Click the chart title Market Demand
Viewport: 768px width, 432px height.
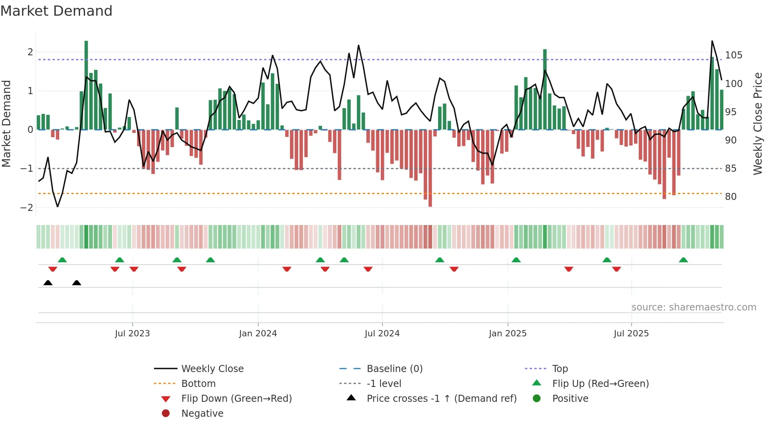[x=56, y=11]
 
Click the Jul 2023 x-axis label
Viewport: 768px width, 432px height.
[x=132, y=333]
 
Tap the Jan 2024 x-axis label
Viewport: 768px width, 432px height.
[x=258, y=333]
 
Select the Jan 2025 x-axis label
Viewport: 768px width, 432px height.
[x=507, y=333]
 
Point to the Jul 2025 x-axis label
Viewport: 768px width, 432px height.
[x=631, y=333]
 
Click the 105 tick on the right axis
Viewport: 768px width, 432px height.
[x=734, y=55]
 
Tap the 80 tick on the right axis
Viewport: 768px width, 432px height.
[x=730, y=196]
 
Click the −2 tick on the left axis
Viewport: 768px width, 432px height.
[x=27, y=207]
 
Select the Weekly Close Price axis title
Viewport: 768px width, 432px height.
[x=758, y=123]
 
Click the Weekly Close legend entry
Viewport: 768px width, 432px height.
[x=212, y=368]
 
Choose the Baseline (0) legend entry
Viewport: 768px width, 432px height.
[x=394, y=368]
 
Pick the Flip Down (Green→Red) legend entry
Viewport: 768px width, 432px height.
[x=236, y=398]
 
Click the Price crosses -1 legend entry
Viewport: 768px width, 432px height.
[x=441, y=398]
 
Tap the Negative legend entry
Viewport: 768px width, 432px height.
[x=202, y=413]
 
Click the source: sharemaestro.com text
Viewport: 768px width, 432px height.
[x=694, y=307]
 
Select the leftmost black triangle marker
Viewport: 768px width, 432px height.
[x=48, y=283]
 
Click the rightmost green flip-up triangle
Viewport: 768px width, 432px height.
[x=683, y=260]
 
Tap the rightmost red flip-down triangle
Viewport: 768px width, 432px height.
[x=616, y=269]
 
